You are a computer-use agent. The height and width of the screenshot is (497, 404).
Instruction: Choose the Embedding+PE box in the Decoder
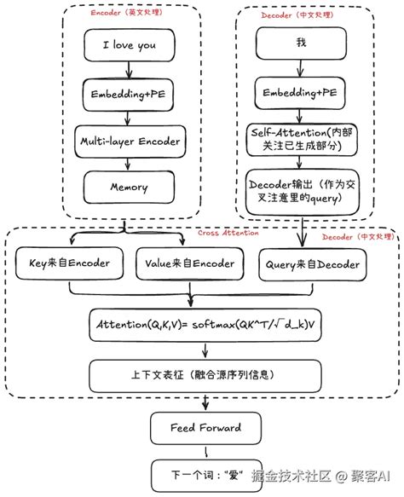coord(300,91)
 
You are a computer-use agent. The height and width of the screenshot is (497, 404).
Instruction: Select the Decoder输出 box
coord(300,192)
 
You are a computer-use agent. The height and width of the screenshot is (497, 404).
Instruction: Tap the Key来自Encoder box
coord(69,263)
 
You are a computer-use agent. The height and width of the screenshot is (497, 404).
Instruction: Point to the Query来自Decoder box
coord(315,264)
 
